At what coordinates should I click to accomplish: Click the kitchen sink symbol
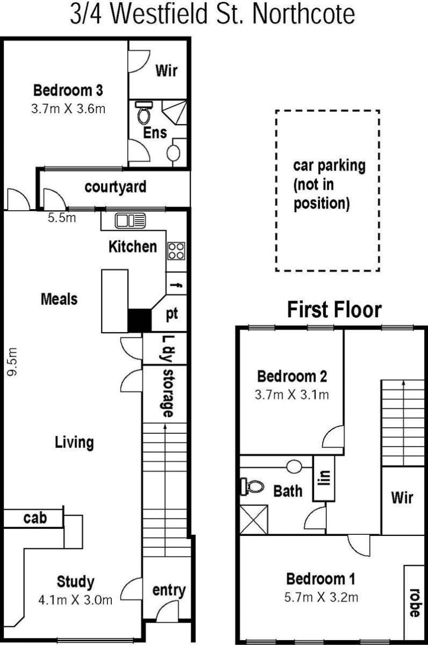pos(130,221)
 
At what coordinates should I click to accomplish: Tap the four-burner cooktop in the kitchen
pos(176,251)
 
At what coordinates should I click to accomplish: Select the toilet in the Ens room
pos(143,113)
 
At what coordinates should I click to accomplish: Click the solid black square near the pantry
pos(140,320)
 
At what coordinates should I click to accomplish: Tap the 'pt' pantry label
pos(172,314)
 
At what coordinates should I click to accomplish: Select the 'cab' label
pos(35,518)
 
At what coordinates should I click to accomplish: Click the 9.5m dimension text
pos(12,362)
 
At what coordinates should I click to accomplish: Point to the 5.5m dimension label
pos(62,218)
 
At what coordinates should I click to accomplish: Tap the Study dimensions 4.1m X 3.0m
pos(75,600)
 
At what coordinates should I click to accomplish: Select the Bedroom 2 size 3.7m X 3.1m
pos(292,395)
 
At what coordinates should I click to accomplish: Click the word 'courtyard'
pos(116,187)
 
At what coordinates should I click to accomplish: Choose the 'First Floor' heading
pos(335,310)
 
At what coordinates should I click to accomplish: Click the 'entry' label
pos(169,590)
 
